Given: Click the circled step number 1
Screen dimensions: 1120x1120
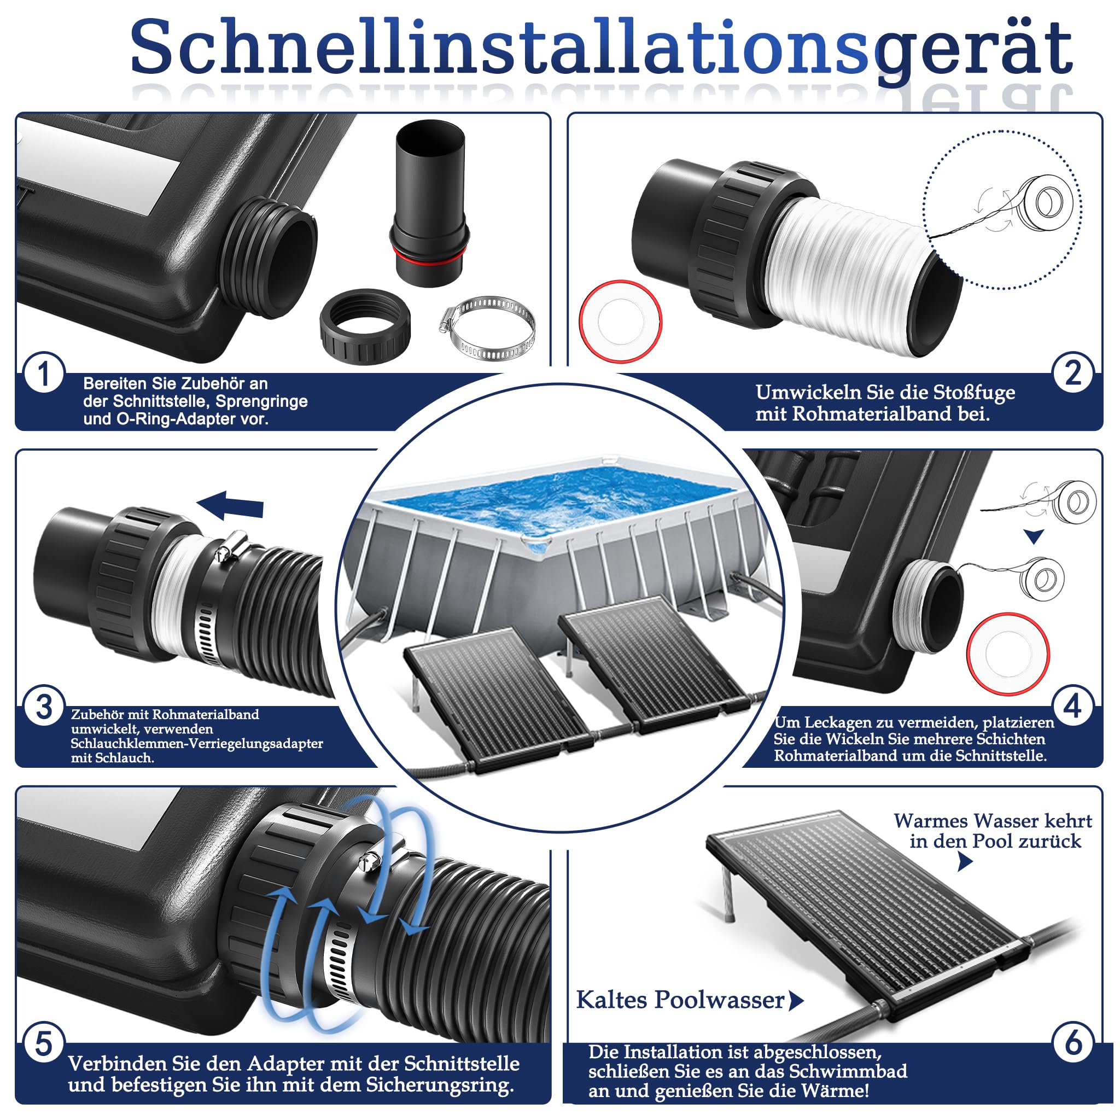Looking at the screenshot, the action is point(44,374).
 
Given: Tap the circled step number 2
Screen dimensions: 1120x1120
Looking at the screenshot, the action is point(1073,374).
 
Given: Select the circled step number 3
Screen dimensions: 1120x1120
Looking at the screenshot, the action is point(44,707).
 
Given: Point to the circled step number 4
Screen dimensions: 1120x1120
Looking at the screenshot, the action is point(1073,707).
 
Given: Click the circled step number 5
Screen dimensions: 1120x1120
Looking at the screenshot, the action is point(44,1044).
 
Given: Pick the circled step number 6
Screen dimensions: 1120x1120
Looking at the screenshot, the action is point(1073,1044).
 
